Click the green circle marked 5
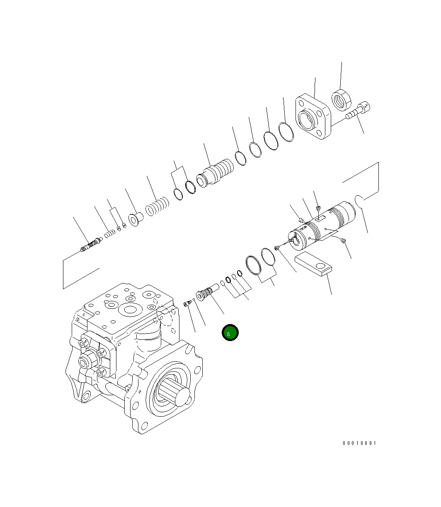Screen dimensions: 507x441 click(x=230, y=333)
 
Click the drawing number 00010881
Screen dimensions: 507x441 click(x=359, y=443)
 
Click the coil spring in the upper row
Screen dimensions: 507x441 click(x=157, y=206)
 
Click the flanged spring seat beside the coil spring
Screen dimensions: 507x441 click(x=135, y=218)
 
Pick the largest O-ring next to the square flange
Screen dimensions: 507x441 click(x=286, y=132)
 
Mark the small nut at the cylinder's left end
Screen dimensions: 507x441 click(x=277, y=248)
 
